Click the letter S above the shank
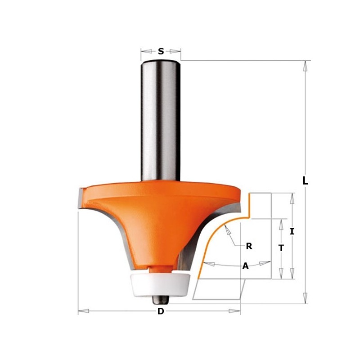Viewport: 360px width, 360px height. (161, 52)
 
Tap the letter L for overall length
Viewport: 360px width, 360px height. (305, 181)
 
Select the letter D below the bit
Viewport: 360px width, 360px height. (161, 311)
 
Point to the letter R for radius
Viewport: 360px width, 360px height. (249, 246)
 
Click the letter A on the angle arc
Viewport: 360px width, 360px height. (245, 266)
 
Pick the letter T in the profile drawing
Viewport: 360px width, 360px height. (281, 248)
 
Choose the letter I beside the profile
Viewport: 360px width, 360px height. (292, 232)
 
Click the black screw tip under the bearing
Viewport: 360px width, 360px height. (161, 297)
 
